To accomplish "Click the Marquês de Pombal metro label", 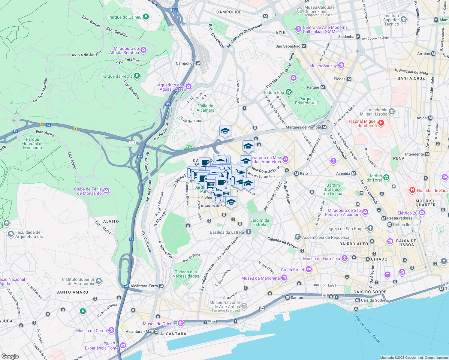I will (303, 127).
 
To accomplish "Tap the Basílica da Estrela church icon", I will (248, 232).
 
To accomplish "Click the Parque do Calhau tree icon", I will (146, 17).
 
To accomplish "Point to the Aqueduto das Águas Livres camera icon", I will (188, 87).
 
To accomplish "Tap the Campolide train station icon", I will (198, 63).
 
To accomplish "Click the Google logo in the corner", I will (10, 356).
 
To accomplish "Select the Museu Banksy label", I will (323, 66).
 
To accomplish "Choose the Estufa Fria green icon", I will (289, 92).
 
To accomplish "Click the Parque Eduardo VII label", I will (306, 101).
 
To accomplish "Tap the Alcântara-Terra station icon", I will (161, 286).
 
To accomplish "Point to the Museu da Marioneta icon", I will (284, 278).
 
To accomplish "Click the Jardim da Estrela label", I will (260, 222).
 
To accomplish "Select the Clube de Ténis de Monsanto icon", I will (106, 191).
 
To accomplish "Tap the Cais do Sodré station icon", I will (357, 300).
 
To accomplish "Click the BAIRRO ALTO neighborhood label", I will (354, 244).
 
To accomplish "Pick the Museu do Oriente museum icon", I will (180, 323).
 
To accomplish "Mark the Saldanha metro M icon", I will (358, 36).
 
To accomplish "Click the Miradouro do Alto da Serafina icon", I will (143, 50).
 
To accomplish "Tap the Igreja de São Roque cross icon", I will (370, 228).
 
